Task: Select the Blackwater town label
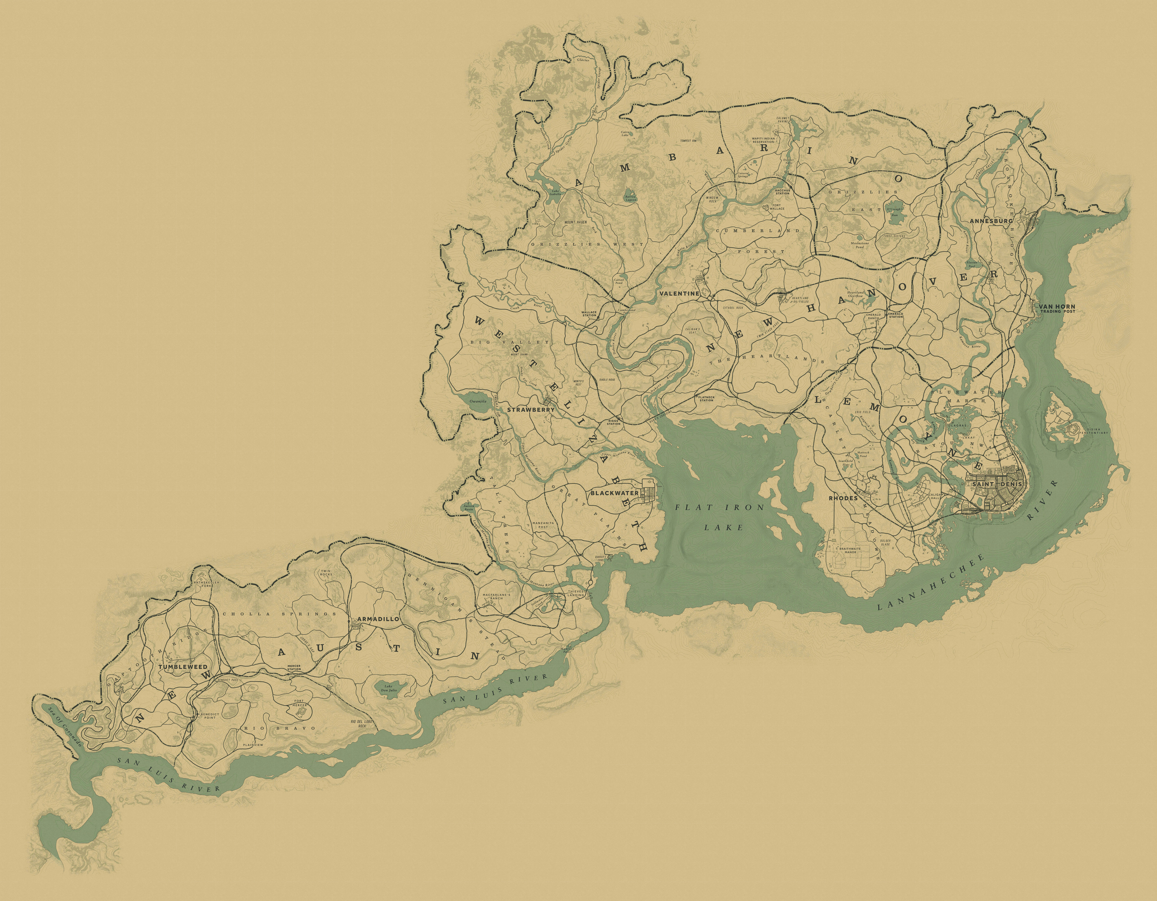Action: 614,493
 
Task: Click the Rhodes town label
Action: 843,498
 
